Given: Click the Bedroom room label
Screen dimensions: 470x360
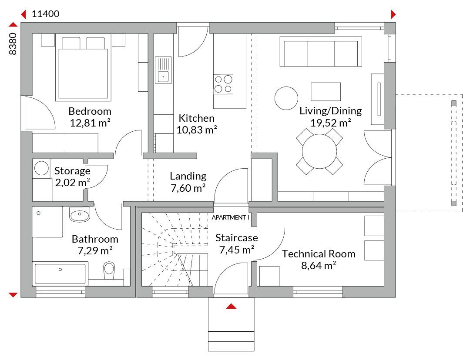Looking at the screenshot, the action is click(x=90, y=111).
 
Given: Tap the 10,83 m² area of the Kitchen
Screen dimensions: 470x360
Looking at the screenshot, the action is click(x=197, y=130).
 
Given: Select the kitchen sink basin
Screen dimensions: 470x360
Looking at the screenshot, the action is click(x=163, y=76).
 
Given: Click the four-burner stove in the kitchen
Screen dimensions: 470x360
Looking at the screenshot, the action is click(x=223, y=84).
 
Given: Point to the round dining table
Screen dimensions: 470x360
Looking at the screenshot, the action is click(x=319, y=151).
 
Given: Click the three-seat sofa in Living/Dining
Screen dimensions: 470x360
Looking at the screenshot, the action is click(x=321, y=51).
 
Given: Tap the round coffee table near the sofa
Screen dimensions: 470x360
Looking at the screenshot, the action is click(x=286, y=98).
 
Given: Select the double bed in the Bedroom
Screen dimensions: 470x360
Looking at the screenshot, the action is click(x=83, y=69).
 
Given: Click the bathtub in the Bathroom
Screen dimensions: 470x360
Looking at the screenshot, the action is click(x=60, y=273).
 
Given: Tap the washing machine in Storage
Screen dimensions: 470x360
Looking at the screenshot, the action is click(x=41, y=168).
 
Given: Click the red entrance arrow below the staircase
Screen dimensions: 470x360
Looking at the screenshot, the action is click(x=231, y=306).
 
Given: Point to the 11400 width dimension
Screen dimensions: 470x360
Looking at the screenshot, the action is click(x=46, y=14).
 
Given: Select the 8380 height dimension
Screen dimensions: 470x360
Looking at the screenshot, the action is click(x=13, y=44).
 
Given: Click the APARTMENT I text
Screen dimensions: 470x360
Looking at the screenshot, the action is click(x=230, y=217).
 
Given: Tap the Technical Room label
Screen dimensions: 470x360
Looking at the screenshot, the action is click(x=319, y=254).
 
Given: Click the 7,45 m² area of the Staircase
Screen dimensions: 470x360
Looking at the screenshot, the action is click(x=237, y=250).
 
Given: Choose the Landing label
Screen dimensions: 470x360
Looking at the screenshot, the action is click(x=188, y=176).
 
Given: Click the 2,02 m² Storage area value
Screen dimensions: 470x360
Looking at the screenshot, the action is click(x=73, y=182).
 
